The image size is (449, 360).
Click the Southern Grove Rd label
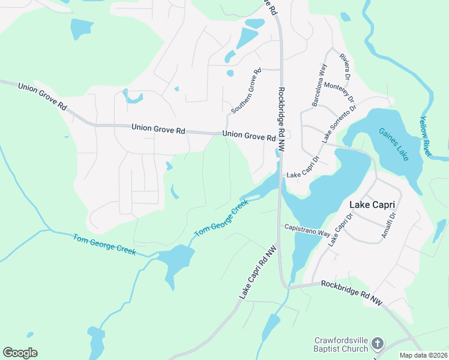247,91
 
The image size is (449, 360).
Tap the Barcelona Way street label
319,85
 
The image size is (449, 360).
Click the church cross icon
377,344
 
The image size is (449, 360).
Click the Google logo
20,353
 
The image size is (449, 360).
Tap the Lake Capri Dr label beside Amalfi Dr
340,229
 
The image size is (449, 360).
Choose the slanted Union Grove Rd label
43,97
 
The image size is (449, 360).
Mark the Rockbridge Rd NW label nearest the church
352,292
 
